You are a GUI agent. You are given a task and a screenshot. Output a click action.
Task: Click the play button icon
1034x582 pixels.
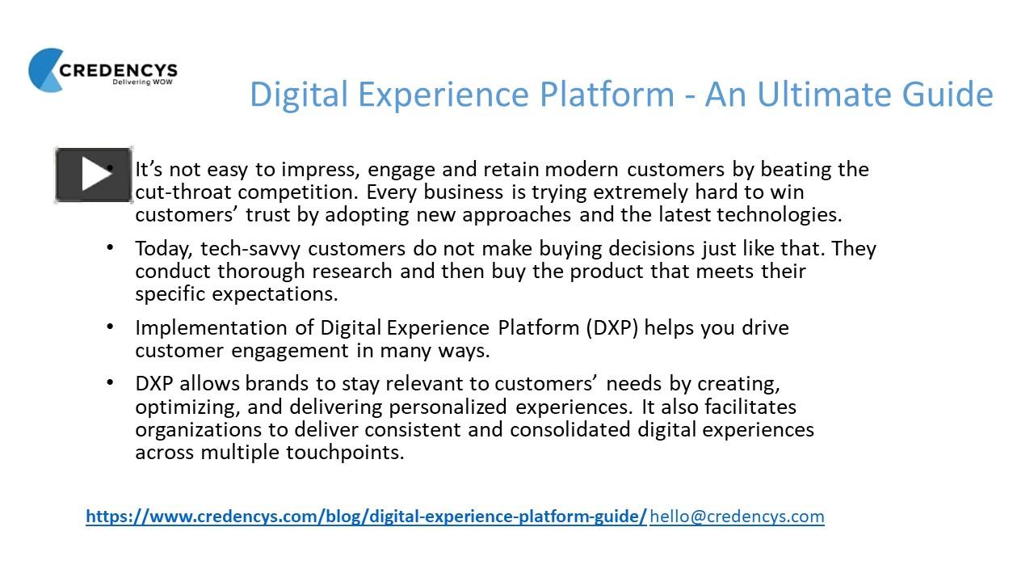pyautogui.click(x=94, y=175)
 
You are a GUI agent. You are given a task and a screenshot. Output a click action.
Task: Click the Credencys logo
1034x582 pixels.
pyautogui.click(x=103, y=70)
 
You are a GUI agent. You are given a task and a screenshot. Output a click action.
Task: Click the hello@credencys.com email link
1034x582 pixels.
pyautogui.click(x=737, y=516)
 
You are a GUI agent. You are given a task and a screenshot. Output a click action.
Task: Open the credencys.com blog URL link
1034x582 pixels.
pyautogui.click(x=366, y=516)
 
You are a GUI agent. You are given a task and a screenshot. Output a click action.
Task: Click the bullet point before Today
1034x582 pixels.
pyautogui.click(x=110, y=247)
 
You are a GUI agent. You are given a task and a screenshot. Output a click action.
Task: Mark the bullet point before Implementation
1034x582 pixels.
pyautogui.click(x=110, y=327)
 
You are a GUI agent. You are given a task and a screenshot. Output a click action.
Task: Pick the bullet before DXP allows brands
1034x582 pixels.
pyautogui.click(x=110, y=382)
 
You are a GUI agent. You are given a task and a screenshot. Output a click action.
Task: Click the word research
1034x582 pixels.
pyautogui.click(x=354, y=270)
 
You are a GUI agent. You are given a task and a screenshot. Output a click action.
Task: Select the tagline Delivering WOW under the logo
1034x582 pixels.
pyautogui.click(x=144, y=82)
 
